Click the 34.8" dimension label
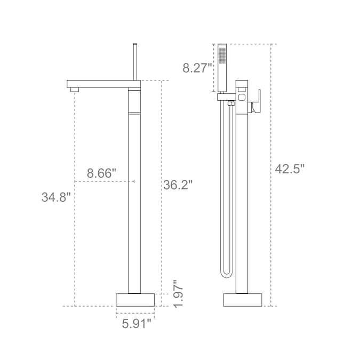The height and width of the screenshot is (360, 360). [x=56, y=197]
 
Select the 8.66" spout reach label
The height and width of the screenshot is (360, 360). [x=101, y=173]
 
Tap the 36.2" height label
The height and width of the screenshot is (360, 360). [x=178, y=185]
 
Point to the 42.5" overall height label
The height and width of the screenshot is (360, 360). [x=290, y=169]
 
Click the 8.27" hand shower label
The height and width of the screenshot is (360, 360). [x=197, y=68]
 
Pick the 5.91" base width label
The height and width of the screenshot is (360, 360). [x=137, y=324]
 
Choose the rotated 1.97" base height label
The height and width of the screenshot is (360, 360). [x=178, y=294]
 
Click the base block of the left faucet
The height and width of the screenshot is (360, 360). [x=135, y=300]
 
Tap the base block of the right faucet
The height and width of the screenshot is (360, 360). [x=243, y=300]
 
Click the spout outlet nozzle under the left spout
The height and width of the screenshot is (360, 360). [x=75, y=90]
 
